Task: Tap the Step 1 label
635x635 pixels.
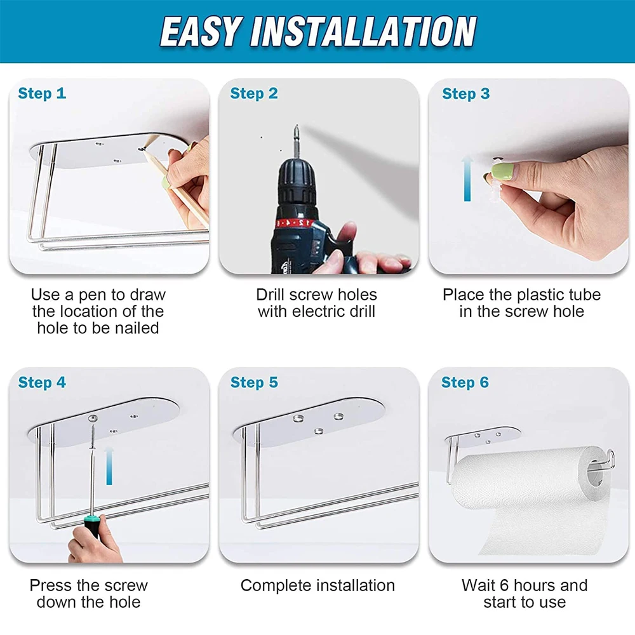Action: coord(42,93)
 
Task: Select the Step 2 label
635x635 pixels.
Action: coord(254,93)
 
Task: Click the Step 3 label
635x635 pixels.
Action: coord(465,93)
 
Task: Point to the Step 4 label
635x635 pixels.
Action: coord(42,382)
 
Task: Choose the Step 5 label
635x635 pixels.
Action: coord(254,382)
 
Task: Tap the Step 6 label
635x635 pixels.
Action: coord(465,382)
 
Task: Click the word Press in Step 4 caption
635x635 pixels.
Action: coord(51,585)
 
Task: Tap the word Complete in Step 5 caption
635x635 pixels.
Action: coord(272,585)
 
